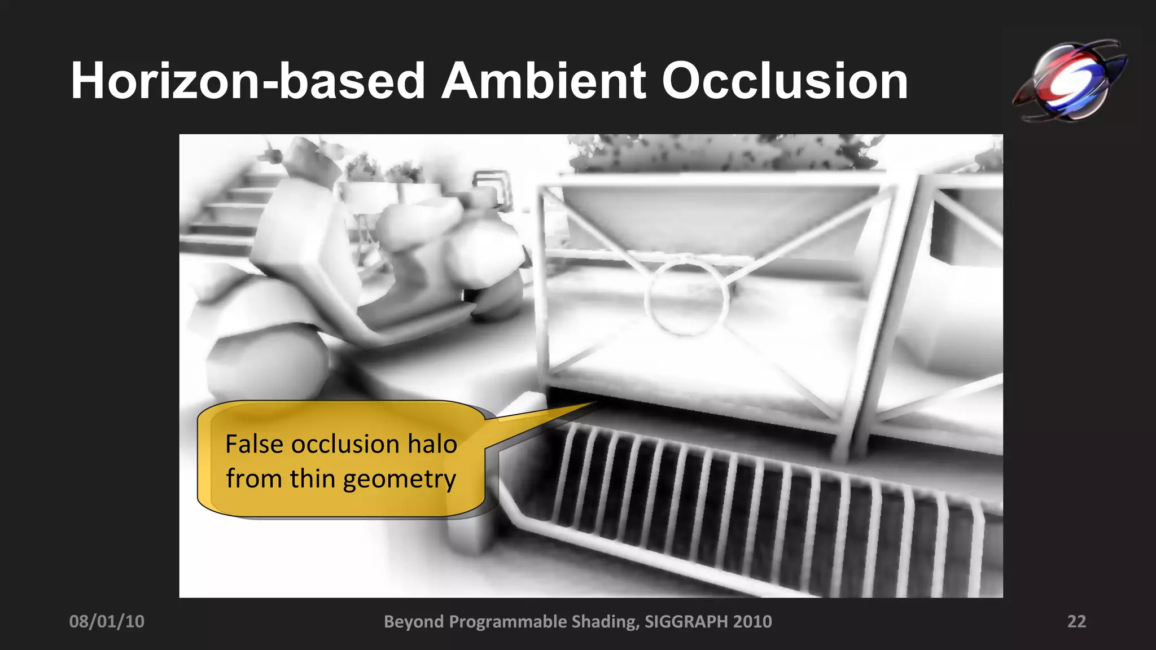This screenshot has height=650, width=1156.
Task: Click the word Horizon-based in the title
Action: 247,81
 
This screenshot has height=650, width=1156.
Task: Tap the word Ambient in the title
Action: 544,81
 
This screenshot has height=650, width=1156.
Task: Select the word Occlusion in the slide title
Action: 785,81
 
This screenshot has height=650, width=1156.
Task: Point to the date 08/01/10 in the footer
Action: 107,621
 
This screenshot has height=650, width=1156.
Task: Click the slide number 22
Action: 1076,621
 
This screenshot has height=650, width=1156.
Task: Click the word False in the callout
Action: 254,444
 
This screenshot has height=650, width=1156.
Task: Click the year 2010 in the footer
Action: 752,621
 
